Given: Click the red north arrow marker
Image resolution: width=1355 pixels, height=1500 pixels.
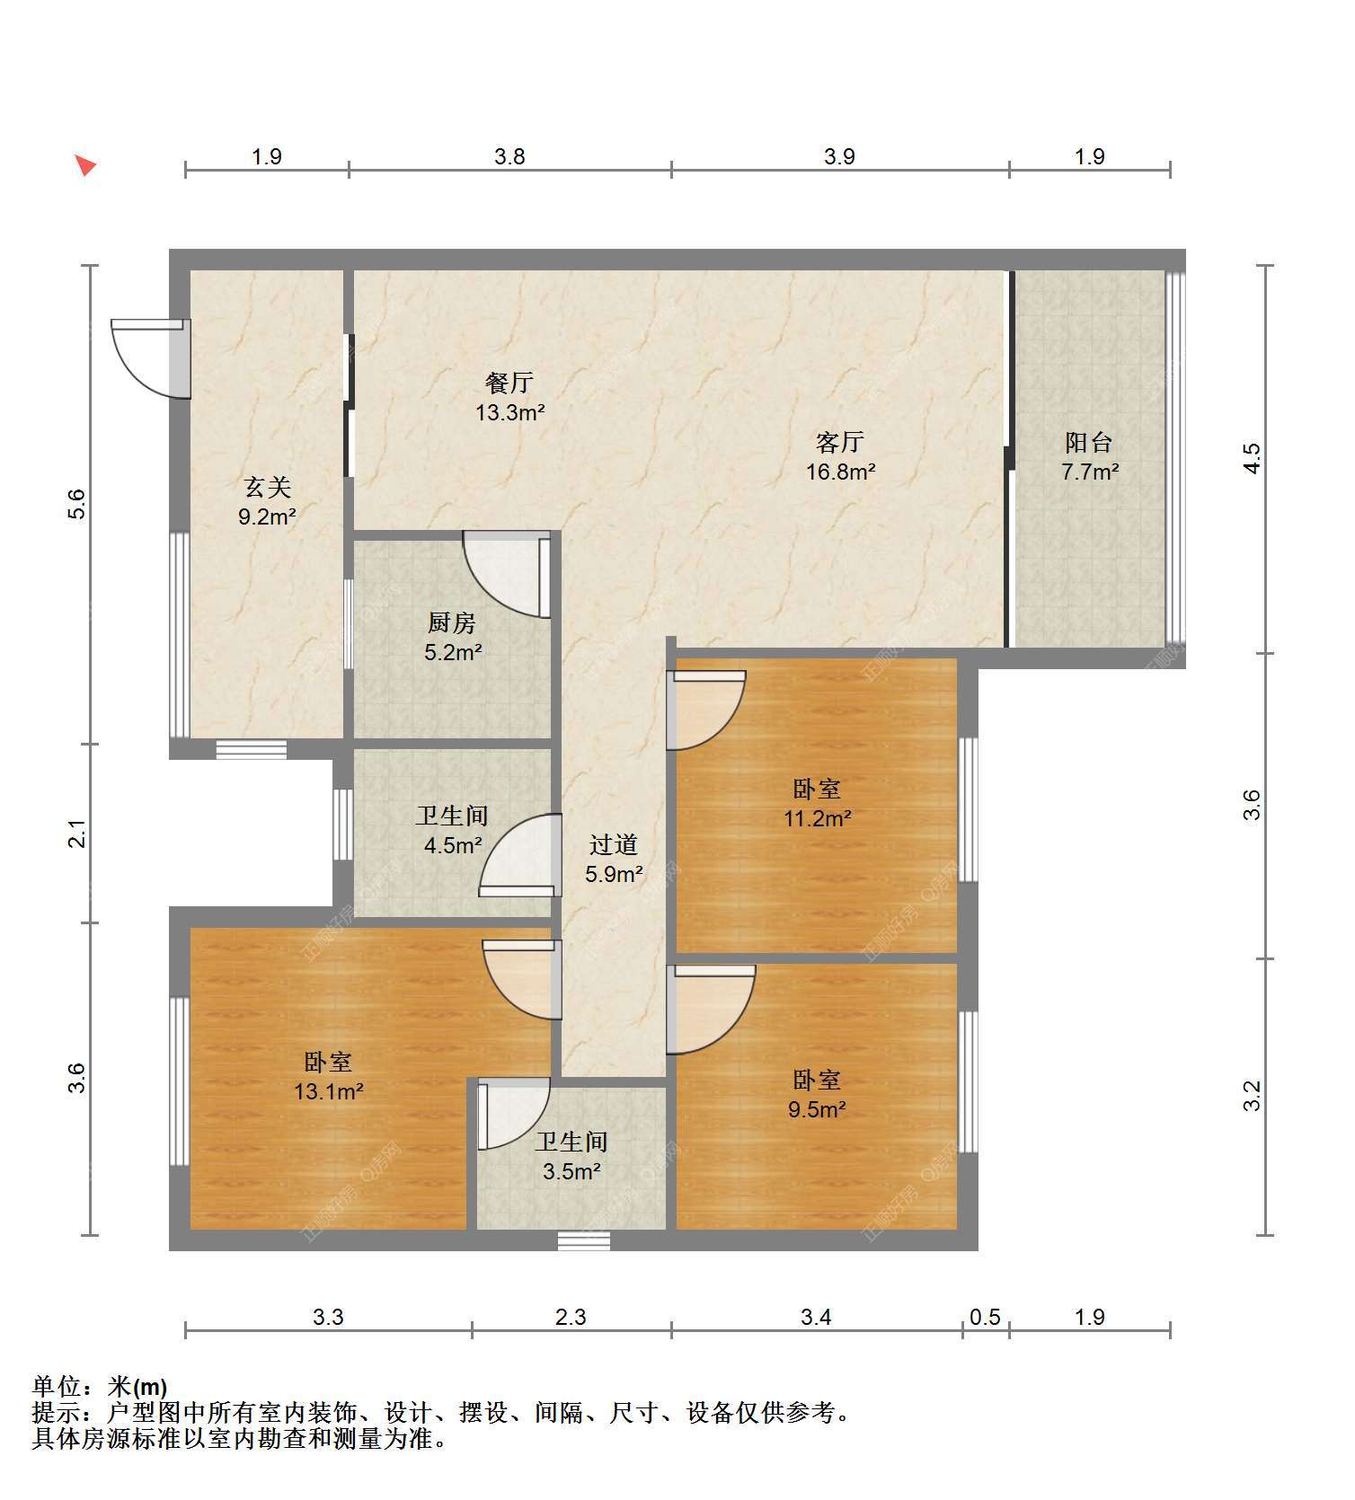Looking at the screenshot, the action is (x=85, y=165).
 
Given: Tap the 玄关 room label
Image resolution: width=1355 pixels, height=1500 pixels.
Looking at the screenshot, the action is (x=268, y=488).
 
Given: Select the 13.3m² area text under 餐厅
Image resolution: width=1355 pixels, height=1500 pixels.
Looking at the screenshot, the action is (x=510, y=412).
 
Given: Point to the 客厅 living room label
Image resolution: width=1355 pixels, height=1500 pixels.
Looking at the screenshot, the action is (x=840, y=442).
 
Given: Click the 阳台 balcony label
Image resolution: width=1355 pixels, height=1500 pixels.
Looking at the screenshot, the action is (x=1089, y=442).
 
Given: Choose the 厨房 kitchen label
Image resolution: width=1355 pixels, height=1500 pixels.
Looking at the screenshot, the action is (x=452, y=622).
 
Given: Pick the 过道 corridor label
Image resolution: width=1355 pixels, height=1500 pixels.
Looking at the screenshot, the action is (x=614, y=844).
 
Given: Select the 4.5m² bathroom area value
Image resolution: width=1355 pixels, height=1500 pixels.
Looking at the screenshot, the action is (x=453, y=845).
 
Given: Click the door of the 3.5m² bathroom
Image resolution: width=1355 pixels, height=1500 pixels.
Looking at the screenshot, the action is (x=513, y=1114).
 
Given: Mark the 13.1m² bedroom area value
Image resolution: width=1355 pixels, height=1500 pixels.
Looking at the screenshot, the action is (x=329, y=1091).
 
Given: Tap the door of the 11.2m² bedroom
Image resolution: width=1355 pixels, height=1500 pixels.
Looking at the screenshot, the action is (x=705, y=710).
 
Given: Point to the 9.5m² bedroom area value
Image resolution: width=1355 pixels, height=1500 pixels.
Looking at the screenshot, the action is (x=817, y=1109).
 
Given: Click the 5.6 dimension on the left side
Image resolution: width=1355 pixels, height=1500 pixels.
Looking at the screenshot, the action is (x=77, y=503).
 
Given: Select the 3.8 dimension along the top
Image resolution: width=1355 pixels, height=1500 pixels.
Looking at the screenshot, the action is (x=509, y=156).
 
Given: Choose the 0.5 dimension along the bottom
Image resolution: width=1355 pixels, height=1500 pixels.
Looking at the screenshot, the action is (x=986, y=1317).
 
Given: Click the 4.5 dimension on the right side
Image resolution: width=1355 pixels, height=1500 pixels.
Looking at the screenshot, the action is (x=1253, y=458).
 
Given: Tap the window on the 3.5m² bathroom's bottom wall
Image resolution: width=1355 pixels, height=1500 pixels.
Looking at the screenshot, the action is (x=584, y=1240).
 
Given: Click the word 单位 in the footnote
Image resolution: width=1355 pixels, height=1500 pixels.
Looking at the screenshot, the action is (x=55, y=1387).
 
